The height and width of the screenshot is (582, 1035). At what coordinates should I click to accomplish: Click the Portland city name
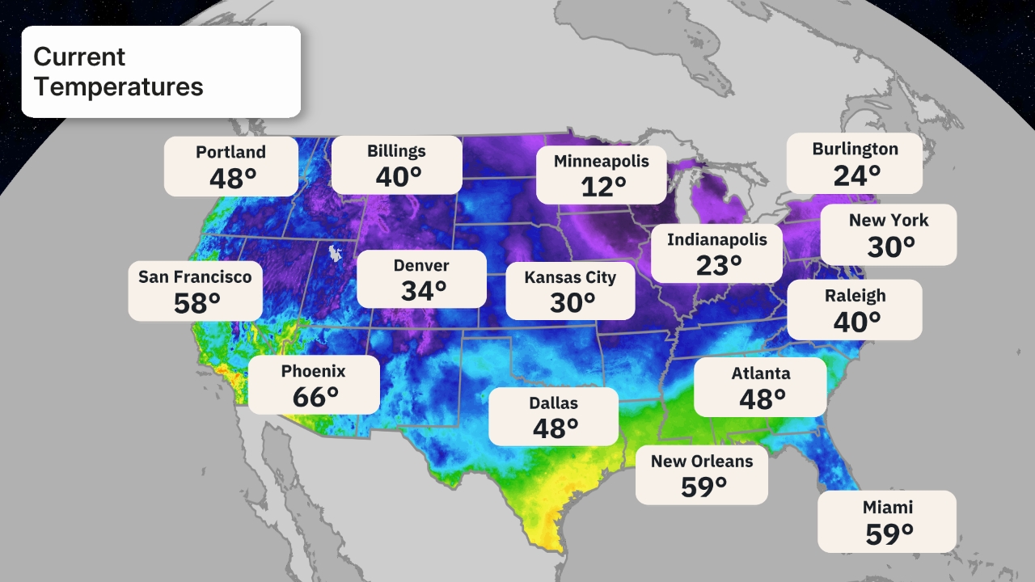[x=230, y=152]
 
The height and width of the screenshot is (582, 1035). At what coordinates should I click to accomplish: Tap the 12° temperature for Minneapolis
[x=603, y=187]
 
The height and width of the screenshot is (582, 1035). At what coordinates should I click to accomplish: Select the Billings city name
[x=396, y=151]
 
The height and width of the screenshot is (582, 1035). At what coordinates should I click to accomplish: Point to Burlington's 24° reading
[x=857, y=175]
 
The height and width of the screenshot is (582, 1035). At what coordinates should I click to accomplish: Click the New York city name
[x=889, y=220]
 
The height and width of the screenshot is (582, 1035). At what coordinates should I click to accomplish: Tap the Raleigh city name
[x=855, y=296]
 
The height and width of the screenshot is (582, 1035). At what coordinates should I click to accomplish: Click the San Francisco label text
[x=195, y=276]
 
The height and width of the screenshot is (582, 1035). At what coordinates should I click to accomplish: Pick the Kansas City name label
[x=570, y=277]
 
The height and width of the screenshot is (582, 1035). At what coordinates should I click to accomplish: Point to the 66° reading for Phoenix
[x=315, y=397]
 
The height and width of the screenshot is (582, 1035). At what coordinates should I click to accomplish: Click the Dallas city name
[x=554, y=403]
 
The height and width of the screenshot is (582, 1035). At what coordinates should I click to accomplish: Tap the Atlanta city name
[x=761, y=373]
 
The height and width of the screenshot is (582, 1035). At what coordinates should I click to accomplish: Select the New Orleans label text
[x=702, y=461]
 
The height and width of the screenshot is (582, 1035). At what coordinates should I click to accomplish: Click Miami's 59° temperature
[x=889, y=533]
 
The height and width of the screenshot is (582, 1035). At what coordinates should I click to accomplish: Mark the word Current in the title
[x=79, y=57]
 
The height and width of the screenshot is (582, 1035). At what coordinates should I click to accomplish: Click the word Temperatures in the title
[x=118, y=86]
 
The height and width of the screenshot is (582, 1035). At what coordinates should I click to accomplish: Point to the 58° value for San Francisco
[x=196, y=303]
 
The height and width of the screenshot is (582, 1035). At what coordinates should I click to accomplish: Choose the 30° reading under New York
[x=891, y=247]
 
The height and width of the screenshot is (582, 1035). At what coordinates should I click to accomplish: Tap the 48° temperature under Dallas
[x=556, y=428]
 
